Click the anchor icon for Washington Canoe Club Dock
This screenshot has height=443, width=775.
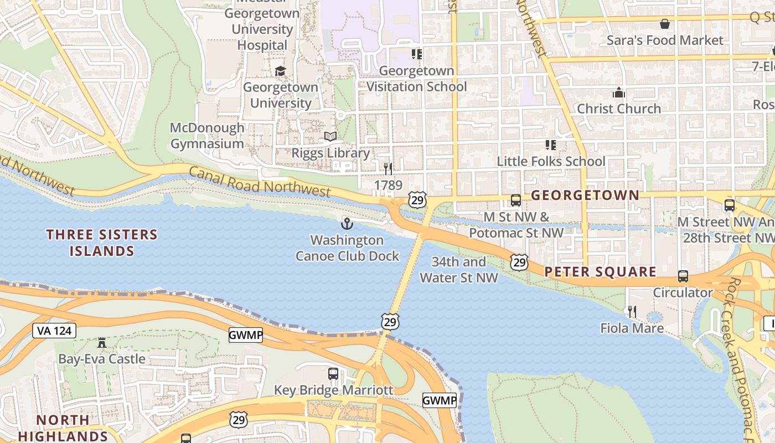click(347, 224)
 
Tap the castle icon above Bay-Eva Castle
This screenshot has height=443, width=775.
click(101, 343)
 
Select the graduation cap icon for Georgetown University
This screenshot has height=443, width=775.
click(281, 71)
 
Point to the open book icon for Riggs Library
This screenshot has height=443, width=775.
click(330, 137)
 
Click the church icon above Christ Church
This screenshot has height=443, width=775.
click(618, 92)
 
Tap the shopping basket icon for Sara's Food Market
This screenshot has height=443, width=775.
click(664, 24)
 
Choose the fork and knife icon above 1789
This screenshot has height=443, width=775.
click(388, 168)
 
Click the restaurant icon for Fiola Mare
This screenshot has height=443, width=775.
click(632, 312)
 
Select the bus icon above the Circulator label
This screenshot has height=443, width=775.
click(683, 276)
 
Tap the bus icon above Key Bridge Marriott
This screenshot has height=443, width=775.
click(333, 374)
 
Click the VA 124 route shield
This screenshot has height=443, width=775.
click(54, 331)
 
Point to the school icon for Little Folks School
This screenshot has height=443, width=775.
click(550, 145)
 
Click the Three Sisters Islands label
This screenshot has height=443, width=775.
click(102, 243)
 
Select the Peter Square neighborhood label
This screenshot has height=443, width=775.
click(600, 272)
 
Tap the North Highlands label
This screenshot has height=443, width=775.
click(63, 428)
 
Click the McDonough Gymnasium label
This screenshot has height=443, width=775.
click(207, 136)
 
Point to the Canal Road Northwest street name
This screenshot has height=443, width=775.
click(260, 181)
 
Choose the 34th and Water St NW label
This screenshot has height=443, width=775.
click(458, 270)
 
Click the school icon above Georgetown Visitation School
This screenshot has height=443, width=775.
click(416, 54)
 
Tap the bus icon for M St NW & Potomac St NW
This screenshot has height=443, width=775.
click(515, 200)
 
